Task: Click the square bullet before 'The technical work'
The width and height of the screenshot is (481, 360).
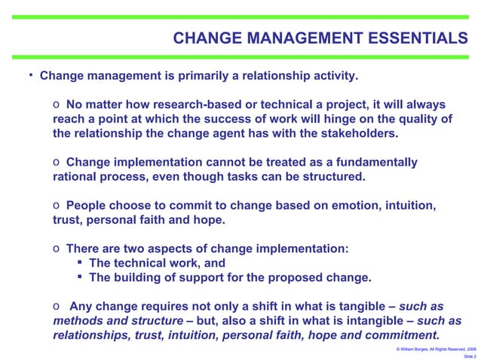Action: (79, 263)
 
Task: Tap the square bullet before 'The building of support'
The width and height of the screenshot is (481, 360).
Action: (79, 277)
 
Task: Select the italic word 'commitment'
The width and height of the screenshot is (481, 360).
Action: (402, 334)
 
